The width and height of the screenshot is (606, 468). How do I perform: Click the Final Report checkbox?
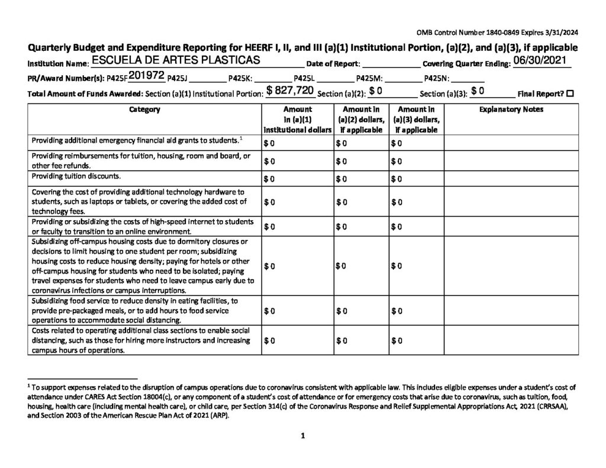569,93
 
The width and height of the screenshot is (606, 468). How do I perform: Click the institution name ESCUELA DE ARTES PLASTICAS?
176,61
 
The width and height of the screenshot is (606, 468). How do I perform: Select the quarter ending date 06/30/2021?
540,61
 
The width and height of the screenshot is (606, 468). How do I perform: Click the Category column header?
144,109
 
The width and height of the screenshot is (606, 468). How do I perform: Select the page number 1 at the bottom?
302,437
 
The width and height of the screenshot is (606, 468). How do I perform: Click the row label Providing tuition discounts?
76,176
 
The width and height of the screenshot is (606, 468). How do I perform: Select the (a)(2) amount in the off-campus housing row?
341,267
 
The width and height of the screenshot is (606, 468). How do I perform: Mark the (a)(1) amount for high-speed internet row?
269,227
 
